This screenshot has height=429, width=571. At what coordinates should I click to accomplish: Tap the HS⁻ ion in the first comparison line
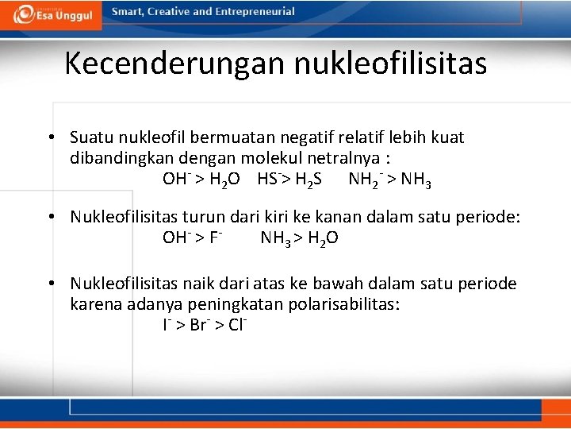[x=268, y=179]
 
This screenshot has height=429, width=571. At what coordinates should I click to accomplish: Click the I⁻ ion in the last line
[x=167, y=325]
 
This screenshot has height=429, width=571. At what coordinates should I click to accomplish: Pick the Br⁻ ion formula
[x=199, y=325]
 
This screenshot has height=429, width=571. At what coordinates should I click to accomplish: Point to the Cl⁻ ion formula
[x=237, y=325]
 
